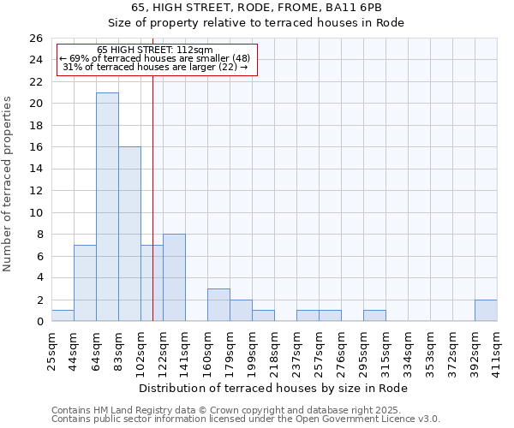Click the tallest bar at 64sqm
(107, 206)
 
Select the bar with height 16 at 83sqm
(129, 234)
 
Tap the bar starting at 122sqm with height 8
(174, 277)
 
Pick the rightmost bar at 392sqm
(486, 311)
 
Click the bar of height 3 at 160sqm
(218, 305)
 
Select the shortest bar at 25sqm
(63, 316)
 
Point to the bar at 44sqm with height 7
(85, 283)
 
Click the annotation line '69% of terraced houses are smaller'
(155, 59)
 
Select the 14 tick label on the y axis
(36, 169)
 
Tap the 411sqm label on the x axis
(497, 349)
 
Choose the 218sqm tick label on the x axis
(274, 349)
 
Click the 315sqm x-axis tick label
(385, 349)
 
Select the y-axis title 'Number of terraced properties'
(8, 183)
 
